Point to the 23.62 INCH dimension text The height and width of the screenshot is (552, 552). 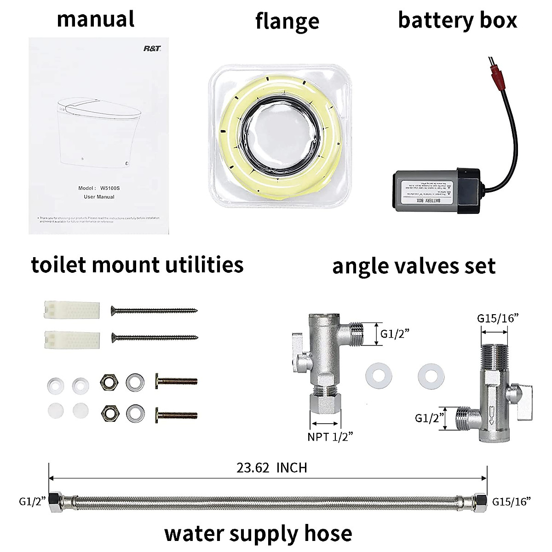(271, 468)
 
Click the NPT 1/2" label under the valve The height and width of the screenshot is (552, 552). (330, 437)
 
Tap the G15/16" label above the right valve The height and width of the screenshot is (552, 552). (497, 318)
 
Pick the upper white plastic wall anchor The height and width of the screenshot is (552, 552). (72, 309)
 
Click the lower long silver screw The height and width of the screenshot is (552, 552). (154, 338)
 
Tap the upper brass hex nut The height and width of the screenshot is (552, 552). (110, 381)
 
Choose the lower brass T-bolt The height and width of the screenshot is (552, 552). (177, 414)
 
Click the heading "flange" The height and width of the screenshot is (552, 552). (287, 21)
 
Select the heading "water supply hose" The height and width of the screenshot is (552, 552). (258, 533)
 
